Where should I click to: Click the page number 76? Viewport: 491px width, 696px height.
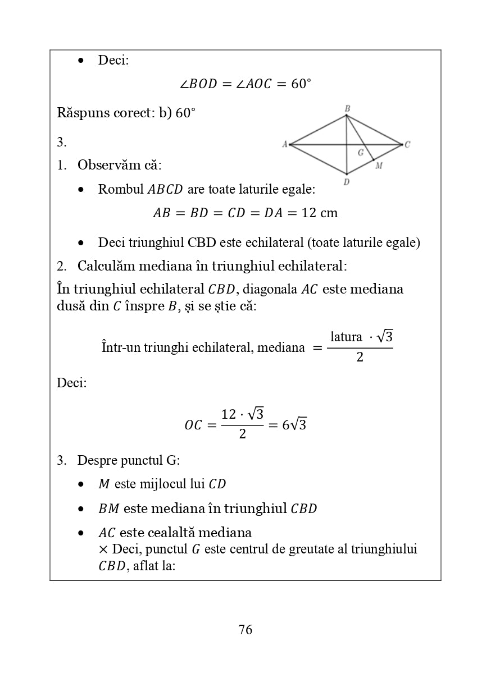pos(245,630)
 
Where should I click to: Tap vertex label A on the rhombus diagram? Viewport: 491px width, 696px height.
pos(285,144)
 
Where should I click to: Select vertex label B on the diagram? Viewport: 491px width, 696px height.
pos(347,108)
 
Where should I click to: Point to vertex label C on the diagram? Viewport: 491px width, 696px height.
pos(407,144)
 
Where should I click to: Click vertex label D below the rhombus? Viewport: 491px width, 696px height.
pos(347,182)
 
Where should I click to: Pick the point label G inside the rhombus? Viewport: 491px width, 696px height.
pos(361,152)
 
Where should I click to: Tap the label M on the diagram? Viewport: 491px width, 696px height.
pos(379,166)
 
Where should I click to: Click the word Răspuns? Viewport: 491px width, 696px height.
pos(81,113)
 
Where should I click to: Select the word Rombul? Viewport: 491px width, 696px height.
pos(121,189)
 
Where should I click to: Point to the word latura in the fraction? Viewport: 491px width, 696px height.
pos(346,337)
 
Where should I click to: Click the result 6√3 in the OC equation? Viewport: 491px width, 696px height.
pos(294,425)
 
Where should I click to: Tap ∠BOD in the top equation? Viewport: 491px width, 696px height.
pos(198,84)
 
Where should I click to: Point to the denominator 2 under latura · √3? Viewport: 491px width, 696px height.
pos(360,357)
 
